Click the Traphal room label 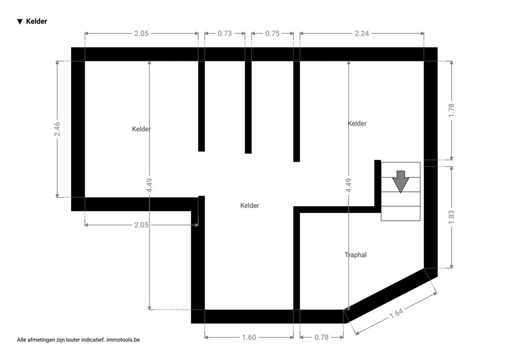[355, 255]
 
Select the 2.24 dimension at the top [362, 33]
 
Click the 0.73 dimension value [225, 33]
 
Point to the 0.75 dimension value [272, 33]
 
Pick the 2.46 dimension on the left [57, 129]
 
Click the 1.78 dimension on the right [451, 111]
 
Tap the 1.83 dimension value [451, 217]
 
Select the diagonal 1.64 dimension [396, 313]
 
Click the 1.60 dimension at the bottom [249, 337]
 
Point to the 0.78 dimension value [322, 337]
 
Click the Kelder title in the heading [36, 21]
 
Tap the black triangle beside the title [20, 22]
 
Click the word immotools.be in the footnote [123, 340]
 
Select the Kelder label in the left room [141, 129]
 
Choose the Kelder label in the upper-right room [357, 123]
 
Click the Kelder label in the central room [250, 205]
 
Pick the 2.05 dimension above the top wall [142, 33]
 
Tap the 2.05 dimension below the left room [142, 225]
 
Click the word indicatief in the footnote [93, 340]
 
